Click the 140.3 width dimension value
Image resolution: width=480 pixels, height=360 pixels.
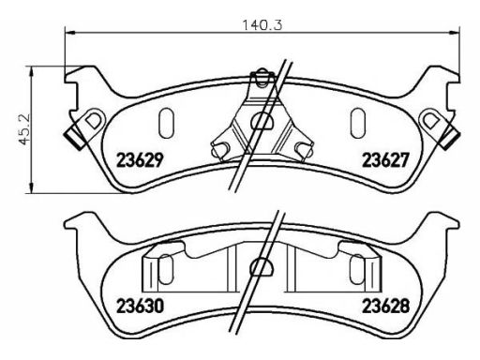pos(262,24)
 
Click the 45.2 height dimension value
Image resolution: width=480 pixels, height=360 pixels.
pos(23,128)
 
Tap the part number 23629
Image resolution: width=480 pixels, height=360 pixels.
pos(140,160)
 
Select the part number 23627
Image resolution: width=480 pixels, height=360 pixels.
pos(385,160)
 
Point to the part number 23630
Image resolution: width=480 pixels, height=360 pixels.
pos(140,307)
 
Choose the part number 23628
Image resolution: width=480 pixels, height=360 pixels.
pos(385,307)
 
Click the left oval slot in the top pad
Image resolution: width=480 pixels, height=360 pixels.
pos(166,123)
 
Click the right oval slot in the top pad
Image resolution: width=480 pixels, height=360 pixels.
pos(358,123)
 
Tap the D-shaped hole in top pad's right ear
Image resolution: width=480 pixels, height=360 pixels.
pos(430,120)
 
